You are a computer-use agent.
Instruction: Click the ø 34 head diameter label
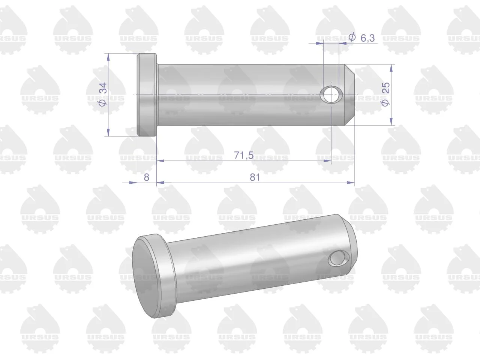tap(103, 94)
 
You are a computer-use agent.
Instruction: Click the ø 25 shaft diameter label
tap(385, 94)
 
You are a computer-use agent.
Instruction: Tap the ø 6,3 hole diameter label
tap(361, 37)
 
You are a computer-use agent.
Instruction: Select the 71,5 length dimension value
tap(244, 155)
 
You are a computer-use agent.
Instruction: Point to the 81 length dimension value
tap(255, 177)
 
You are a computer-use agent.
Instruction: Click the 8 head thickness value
tap(147, 177)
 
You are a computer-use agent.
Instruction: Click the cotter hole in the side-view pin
tap(331, 94)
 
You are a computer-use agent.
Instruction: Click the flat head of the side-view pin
tap(147, 94)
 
